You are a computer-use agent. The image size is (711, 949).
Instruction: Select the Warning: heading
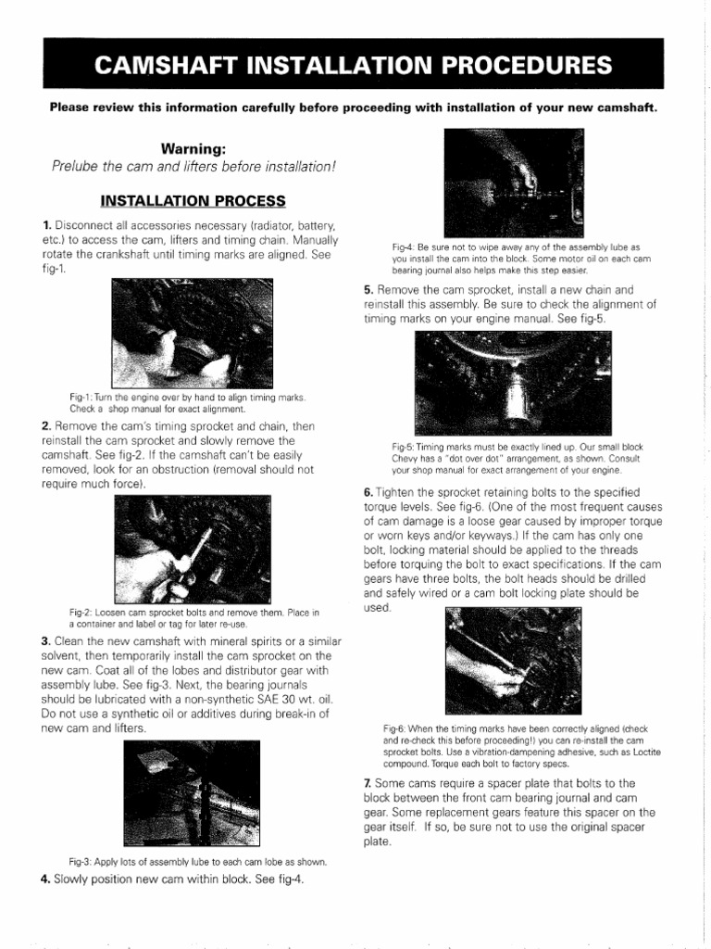click(x=193, y=148)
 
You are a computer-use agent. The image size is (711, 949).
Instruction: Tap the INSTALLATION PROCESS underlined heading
click(x=193, y=200)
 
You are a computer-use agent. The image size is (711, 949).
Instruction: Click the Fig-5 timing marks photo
click(x=512, y=380)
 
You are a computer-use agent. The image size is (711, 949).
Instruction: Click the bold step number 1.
click(x=45, y=225)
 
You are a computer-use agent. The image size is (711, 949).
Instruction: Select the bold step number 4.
click(x=45, y=879)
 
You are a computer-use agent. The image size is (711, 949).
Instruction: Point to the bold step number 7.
click(x=368, y=783)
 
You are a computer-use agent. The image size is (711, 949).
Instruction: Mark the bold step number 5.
click(x=368, y=289)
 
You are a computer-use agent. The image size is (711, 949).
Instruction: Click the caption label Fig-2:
click(x=83, y=613)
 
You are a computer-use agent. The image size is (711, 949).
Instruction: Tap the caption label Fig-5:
click(x=405, y=447)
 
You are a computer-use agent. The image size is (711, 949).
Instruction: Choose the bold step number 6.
click(x=368, y=491)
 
